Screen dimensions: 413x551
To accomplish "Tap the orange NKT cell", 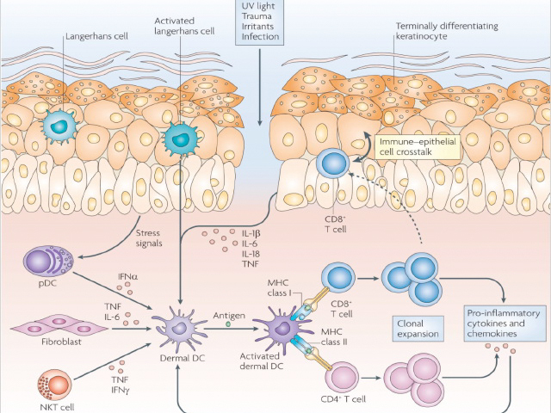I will pyautogui.click(x=55, y=385).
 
